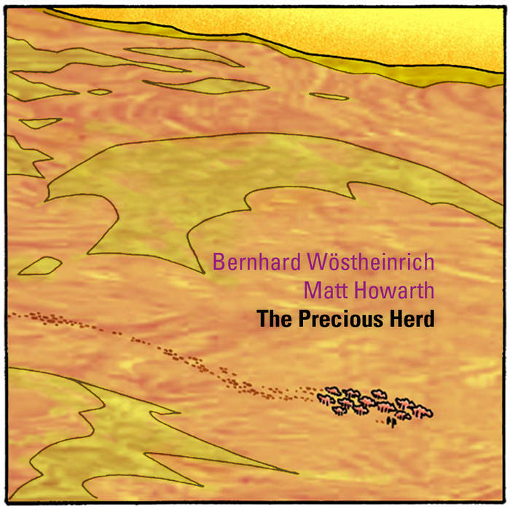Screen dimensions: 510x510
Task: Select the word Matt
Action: point(323,291)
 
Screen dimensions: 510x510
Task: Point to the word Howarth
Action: point(394,291)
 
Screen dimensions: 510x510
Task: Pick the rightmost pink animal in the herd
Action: point(423,412)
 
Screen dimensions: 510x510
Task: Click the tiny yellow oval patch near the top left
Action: point(100,92)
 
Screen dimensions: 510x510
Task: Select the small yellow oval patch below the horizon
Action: point(329,96)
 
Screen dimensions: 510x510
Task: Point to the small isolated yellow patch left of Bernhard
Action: point(39,266)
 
